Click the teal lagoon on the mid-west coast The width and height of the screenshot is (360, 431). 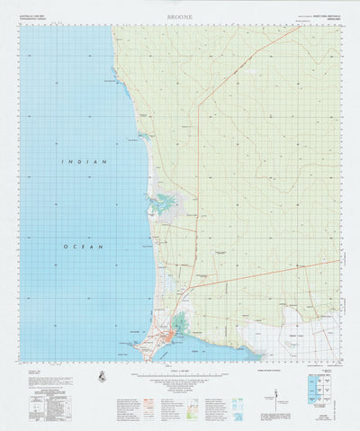[161, 203]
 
